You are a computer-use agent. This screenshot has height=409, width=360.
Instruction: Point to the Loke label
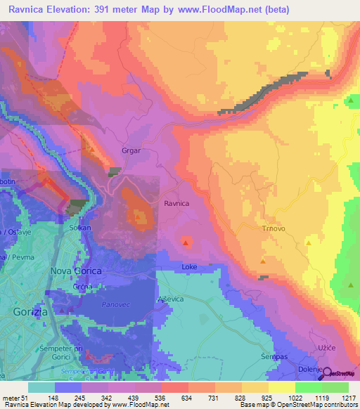pyautogui.click(x=189, y=267)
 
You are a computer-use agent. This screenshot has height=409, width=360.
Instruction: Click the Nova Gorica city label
pyautogui.click(x=77, y=271)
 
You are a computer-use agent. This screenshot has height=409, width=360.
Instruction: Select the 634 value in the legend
pyautogui.click(x=169, y=398)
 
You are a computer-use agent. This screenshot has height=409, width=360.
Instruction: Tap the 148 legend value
pyautogui.click(x=53, y=398)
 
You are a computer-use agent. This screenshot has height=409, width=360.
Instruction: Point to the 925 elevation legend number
pyautogui.click(x=255, y=398)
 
